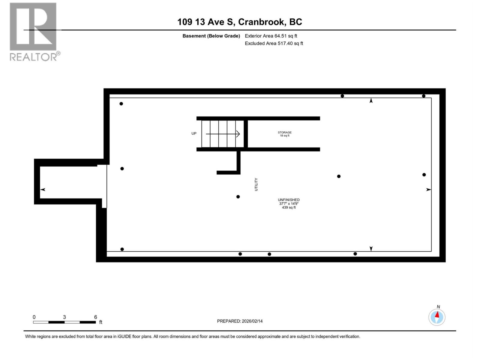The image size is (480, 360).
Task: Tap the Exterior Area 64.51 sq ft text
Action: click(271, 36)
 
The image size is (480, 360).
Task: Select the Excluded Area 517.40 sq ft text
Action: click(274, 43)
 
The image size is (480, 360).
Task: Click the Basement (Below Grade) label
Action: click(211, 36)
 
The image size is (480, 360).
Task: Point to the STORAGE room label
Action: click(284, 132)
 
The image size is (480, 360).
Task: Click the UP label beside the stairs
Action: click(194, 133)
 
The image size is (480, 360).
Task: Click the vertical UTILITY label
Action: click(256, 184)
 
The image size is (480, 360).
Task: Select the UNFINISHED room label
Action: click(289, 200)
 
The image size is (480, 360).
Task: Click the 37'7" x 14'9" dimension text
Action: click(289, 204)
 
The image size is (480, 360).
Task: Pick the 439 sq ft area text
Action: click(289, 208)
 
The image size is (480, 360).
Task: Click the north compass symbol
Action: click(437, 317)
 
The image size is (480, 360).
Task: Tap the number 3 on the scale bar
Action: click(64, 317)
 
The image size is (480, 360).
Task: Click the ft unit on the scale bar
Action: click(101, 322)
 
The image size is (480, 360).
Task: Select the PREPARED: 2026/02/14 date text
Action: click(240, 321)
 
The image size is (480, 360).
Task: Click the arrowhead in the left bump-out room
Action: click(43, 190)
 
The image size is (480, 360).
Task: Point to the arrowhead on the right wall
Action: click(429, 190)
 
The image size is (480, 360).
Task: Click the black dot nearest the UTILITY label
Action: click(238, 197)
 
